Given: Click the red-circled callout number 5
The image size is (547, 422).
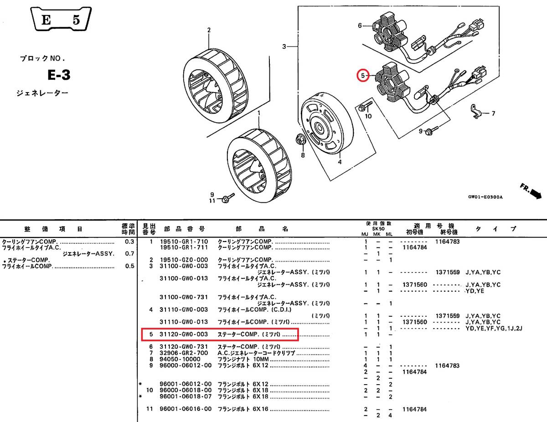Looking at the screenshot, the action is (x=363, y=75).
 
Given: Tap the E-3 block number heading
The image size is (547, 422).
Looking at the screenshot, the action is (x=59, y=75).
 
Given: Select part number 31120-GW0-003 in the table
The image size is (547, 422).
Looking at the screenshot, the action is (x=184, y=334).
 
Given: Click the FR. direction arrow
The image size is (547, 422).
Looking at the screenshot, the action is (x=531, y=191).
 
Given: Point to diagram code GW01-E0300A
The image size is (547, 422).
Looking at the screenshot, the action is (x=485, y=197).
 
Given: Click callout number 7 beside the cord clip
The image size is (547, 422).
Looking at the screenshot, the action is (x=493, y=113).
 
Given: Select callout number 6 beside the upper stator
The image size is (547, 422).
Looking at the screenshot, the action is (x=360, y=26).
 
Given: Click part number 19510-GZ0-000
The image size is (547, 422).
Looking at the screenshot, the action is (x=184, y=260).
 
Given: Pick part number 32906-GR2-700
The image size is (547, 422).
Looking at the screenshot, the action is (x=184, y=353).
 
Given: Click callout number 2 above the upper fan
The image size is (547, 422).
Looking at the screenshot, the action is (x=209, y=30).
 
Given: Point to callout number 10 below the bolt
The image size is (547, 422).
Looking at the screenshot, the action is (x=368, y=116).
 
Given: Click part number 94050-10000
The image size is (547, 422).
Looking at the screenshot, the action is (x=180, y=359).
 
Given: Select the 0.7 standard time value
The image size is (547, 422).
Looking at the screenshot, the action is (x=129, y=253).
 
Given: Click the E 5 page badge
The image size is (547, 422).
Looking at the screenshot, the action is (x=61, y=19).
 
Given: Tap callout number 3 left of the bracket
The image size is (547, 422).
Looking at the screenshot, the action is (x=284, y=46).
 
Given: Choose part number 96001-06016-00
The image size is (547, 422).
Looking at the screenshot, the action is (x=186, y=409).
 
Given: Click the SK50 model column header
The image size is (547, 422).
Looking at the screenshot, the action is (x=378, y=229).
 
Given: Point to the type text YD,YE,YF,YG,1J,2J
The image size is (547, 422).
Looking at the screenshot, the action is (x=494, y=328).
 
